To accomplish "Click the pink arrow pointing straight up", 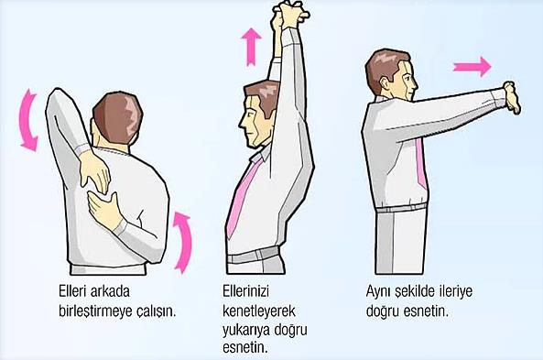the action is click(x=252, y=47).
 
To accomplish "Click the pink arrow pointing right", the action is click(x=472, y=67).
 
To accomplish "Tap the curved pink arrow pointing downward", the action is click(x=27, y=119).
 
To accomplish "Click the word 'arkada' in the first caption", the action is click(x=110, y=291).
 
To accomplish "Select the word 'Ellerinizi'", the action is click(x=245, y=291).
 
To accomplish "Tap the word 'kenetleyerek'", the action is click(x=259, y=311).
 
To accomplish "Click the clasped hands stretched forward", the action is click(x=512, y=98).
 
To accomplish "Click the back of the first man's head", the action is click(x=118, y=118).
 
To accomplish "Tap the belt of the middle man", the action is click(x=253, y=256).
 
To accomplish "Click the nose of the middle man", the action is click(x=242, y=122).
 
